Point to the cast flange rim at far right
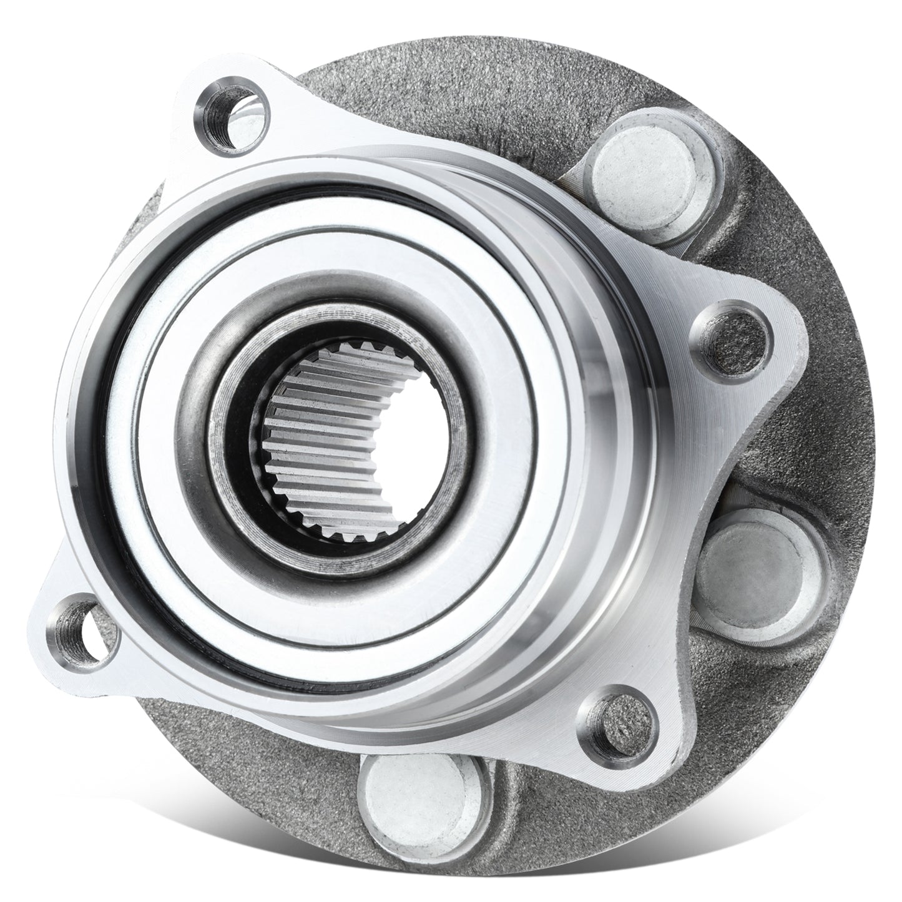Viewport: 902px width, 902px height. [x=855, y=437]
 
